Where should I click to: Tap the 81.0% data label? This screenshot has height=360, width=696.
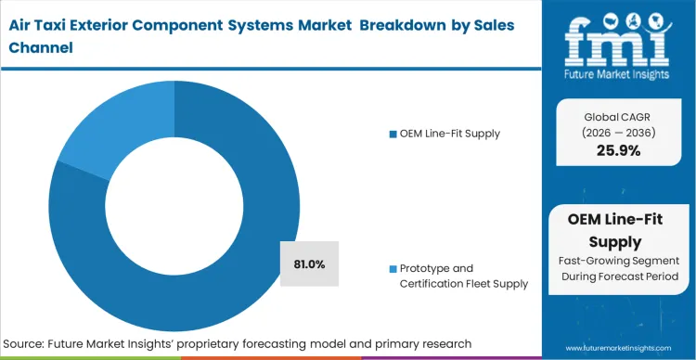pyautogui.click(x=309, y=264)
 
